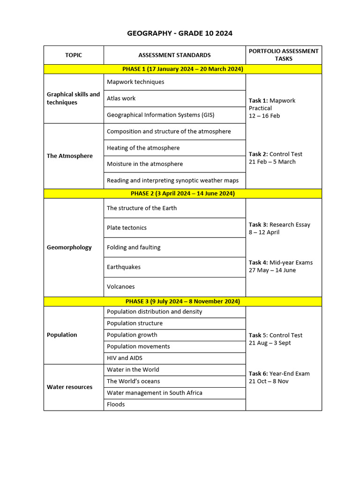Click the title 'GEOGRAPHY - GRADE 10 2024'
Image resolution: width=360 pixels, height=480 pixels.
(180, 33)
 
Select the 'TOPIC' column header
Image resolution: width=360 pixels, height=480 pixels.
(74, 55)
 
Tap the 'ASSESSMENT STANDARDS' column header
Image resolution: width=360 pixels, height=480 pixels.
(174, 55)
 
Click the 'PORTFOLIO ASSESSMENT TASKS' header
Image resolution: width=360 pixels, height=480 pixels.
(284, 55)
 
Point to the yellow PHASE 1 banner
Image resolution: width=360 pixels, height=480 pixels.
(183, 69)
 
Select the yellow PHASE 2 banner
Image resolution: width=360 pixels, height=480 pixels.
(183, 193)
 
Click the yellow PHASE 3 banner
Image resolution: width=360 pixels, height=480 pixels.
(183, 301)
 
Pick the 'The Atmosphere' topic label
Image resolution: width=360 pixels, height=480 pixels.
(70, 156)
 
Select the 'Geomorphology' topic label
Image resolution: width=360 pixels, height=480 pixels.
(69, 247)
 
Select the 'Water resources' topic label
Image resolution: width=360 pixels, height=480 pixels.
(70, 387)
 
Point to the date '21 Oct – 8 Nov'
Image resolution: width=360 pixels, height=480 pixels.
(269, 381)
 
